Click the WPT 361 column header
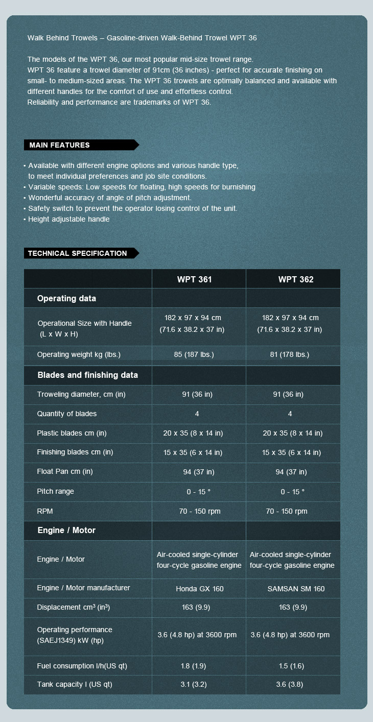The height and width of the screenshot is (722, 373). point(194,279)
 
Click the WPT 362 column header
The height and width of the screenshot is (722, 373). point(296,279)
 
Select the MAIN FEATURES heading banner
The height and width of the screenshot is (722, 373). point(60,145)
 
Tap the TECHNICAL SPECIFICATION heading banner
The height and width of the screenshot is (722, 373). point(78,253)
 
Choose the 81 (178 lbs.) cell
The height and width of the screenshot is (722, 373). point(290,354)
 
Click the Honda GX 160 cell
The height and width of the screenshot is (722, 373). point(200,589)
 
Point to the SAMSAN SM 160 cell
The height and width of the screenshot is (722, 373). point(296,589)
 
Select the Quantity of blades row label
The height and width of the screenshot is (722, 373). point(67,414)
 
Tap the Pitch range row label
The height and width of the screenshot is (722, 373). point(56,491)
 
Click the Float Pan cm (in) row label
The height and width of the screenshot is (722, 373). point(65,471)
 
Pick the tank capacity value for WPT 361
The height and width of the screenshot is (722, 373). point(193,684)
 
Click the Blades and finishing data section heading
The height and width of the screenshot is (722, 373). point(88,375)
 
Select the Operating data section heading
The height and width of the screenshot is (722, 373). point(66,299)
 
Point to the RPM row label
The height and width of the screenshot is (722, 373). point(45,511)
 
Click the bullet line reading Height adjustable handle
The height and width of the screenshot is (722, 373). point(69,219)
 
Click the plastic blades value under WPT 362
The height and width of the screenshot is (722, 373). point(293,433)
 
